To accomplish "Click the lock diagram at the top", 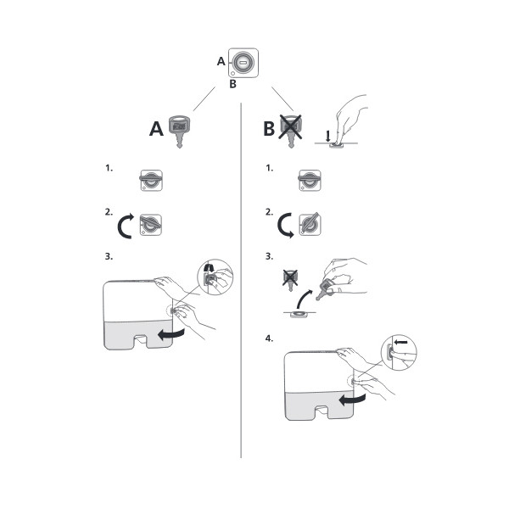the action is (x=243, y=63).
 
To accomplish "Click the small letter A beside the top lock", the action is (x=221, y=61).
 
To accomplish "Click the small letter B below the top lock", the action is (x=232, y=84).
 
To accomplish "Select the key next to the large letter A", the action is (x=179, y=131).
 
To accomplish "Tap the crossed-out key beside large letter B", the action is (x=291, y=131).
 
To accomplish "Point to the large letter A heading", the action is (x=156, y=129).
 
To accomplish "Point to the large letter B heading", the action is (x=269, y=128).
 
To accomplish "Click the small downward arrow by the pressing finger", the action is (x=327, y=136).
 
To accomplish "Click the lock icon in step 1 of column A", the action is (x=151, y=180).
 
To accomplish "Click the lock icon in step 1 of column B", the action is (x=310, y=180).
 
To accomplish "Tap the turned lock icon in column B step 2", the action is (x=310, y=224).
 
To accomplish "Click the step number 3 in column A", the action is (x=109, y=256).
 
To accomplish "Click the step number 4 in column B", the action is (x=269, y=338).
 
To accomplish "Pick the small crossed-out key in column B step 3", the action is (x=290, y=280).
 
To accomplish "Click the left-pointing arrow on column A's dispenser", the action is (x=171, y=334).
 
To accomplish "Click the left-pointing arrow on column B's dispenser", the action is (x=352, y=400).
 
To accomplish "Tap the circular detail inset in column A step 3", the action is (x=215, y=277).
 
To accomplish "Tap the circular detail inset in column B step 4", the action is (x=399, y=353).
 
